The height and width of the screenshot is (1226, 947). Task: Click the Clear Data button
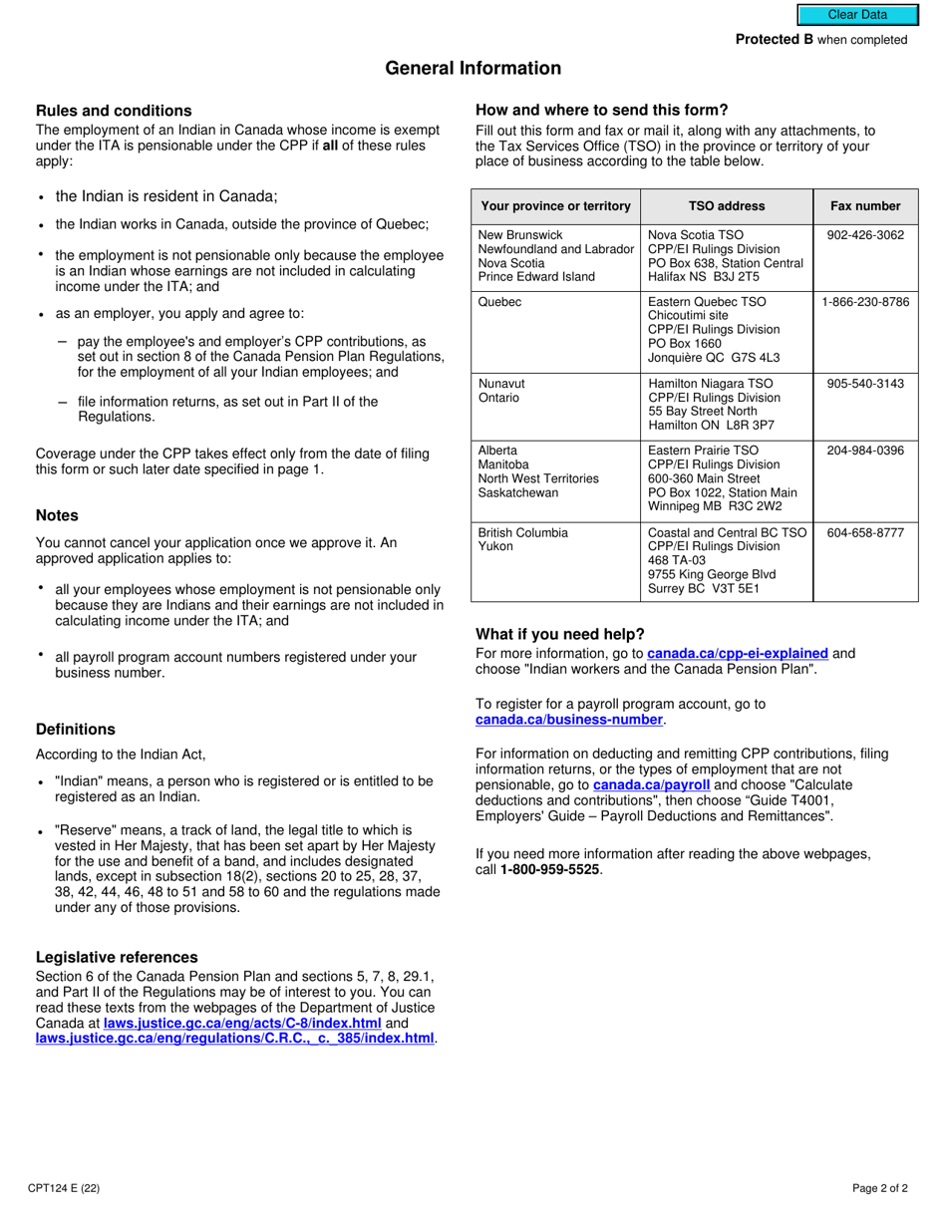(x=856, y=15)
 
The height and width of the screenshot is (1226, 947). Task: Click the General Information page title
(x=473, y=69)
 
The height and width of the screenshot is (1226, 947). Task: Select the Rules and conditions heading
(x=114, y=111)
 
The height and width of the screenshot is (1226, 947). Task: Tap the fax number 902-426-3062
(x=865, y=235)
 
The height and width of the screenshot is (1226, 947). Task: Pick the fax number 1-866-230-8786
(x=865, y=302)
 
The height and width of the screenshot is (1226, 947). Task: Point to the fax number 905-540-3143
(x=865, y=384)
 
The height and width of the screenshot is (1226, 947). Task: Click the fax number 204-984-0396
(x=865, y=451)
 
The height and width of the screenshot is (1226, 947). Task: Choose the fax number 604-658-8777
(x=865, y=533)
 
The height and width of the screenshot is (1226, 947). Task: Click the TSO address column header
(x=727, y=206)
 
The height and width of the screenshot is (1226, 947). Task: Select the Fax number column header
(x=865, y=206)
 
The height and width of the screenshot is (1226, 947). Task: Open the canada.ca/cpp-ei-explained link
(x=738, y=654)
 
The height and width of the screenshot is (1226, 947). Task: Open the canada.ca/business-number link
(x=569, y=720)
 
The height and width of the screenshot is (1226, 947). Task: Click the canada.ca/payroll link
(x=651, y=785)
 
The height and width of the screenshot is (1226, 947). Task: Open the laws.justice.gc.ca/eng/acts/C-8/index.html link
(x=242, y=1023)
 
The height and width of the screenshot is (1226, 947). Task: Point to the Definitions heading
(x=76, y=730)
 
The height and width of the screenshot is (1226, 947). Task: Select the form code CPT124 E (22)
(x=64, y=1188)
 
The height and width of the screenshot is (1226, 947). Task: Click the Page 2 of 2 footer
(x=880, y=1188)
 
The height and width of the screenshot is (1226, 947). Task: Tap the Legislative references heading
(x=117, y=958)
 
